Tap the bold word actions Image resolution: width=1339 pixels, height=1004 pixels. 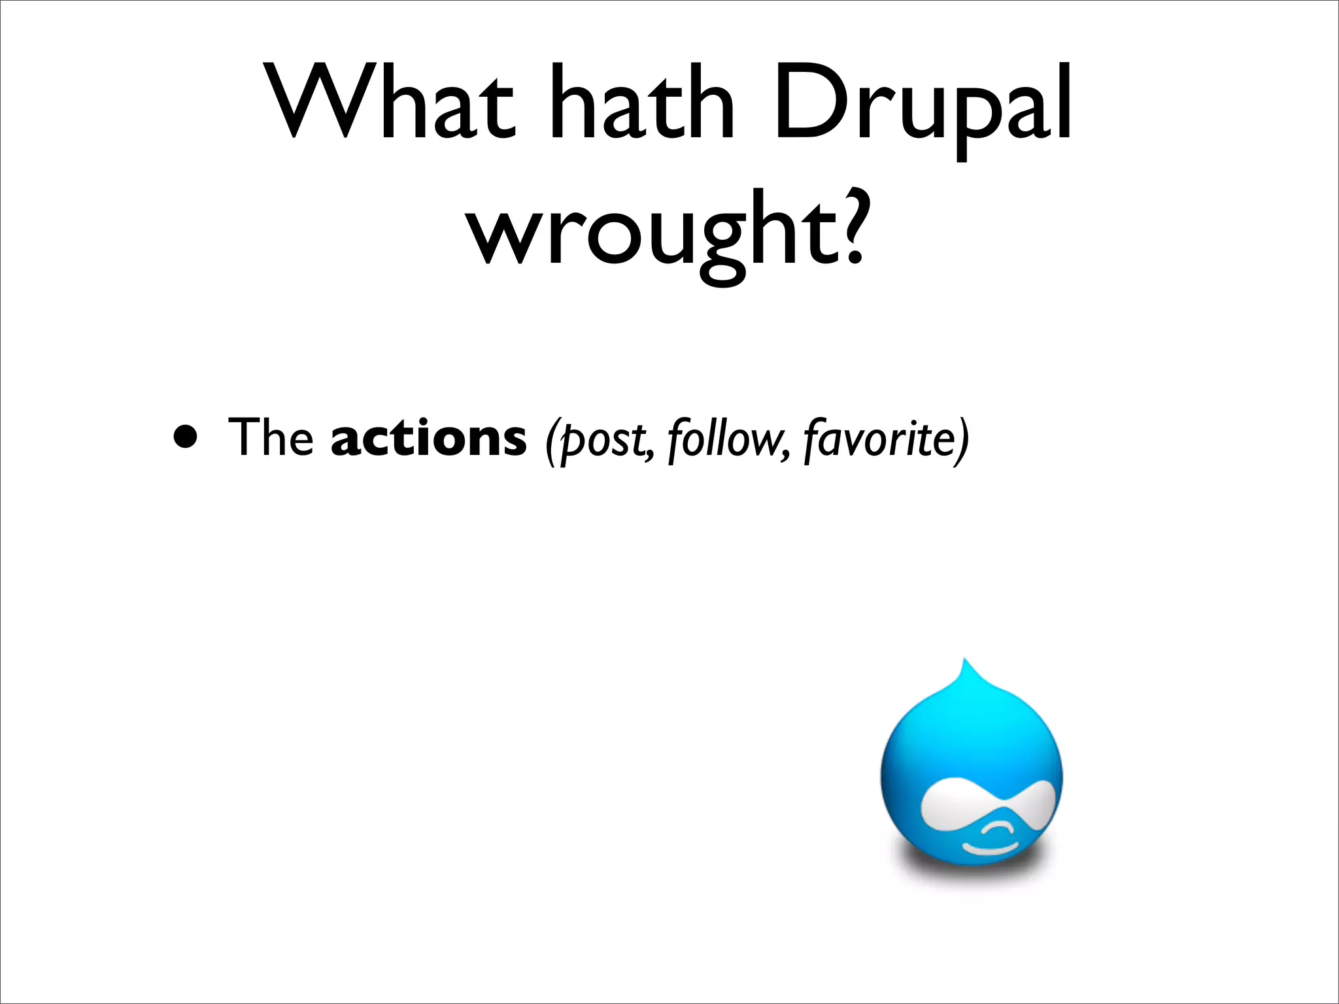(428, 437)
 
